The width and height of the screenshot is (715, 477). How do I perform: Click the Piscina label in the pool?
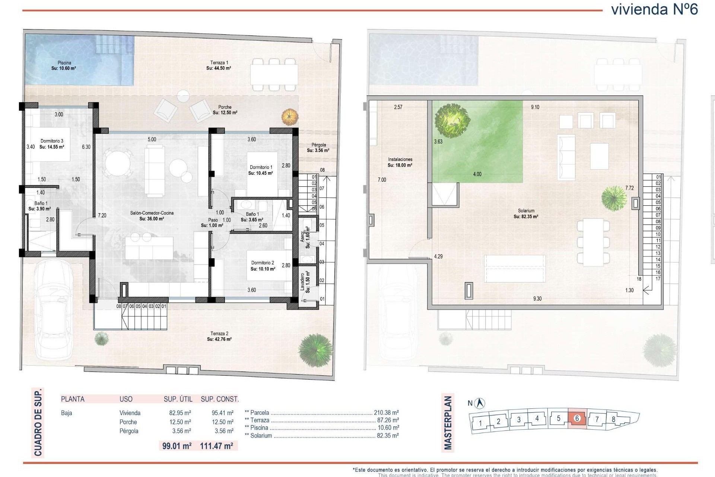(x=64, y=66)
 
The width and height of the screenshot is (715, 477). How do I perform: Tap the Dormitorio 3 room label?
(x=52, y=144)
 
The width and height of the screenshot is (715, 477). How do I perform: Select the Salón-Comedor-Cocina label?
(x=152, y=216)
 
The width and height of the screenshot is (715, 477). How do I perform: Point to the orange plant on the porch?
(x=290, y=117)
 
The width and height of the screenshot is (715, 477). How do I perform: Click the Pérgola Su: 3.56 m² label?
(x=318, y=148)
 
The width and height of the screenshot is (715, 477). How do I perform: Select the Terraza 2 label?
(x=219, y=336)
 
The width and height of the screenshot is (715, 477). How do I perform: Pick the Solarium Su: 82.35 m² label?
(x=526, y=214)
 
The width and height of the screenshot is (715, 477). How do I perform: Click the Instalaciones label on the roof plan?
(x=400, y=162)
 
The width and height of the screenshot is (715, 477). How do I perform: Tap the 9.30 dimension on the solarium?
(x=537, y=298)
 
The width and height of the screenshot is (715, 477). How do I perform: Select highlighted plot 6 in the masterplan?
(x=577, y=418)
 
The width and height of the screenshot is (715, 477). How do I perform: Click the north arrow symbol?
(x=480, y=403)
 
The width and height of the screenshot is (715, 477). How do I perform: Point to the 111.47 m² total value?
(x=216, y=446)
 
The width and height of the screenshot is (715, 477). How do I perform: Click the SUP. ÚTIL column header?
(x=178, y=399)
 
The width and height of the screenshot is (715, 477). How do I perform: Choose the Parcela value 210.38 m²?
(x=386, y=413)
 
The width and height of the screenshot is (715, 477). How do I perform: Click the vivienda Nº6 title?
(x=654, y=9)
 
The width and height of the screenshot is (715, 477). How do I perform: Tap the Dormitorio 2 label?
(x=263, y=266)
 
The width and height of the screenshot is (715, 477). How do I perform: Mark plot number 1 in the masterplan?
(x=480, y=423)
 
